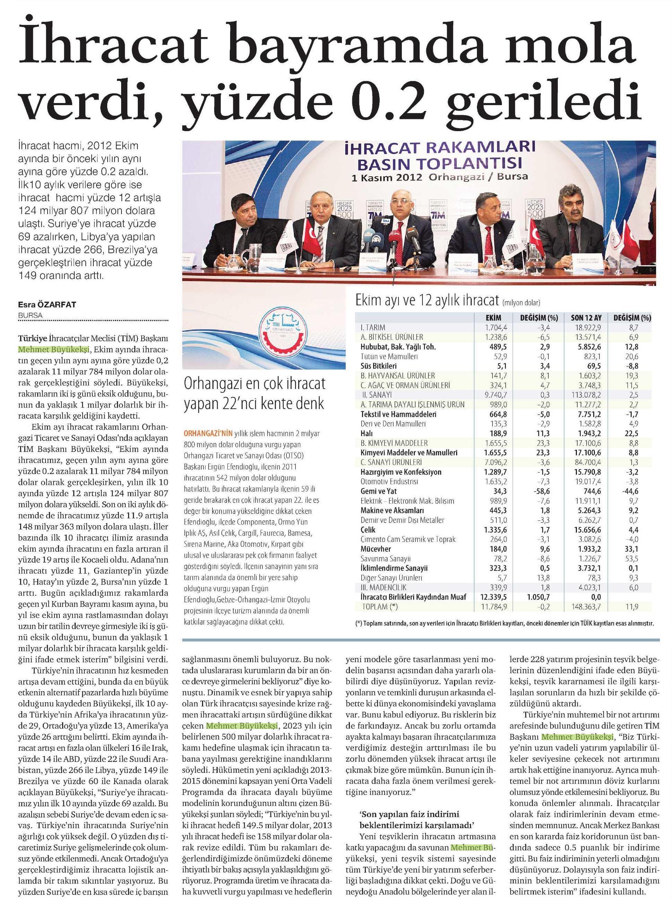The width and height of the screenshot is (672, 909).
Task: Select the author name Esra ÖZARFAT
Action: point(47,305)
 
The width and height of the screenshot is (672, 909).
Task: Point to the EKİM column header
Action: point(493,318)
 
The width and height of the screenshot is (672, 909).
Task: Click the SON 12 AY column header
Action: point(586,318)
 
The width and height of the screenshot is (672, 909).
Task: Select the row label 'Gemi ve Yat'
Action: point(378,491)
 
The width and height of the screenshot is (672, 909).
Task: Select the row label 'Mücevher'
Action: point(376,549)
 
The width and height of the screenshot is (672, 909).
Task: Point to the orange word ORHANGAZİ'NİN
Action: point(207,434)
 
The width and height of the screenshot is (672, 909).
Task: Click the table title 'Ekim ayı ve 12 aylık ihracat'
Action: point(427,301)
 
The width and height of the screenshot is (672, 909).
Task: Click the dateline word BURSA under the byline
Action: point(31,315)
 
